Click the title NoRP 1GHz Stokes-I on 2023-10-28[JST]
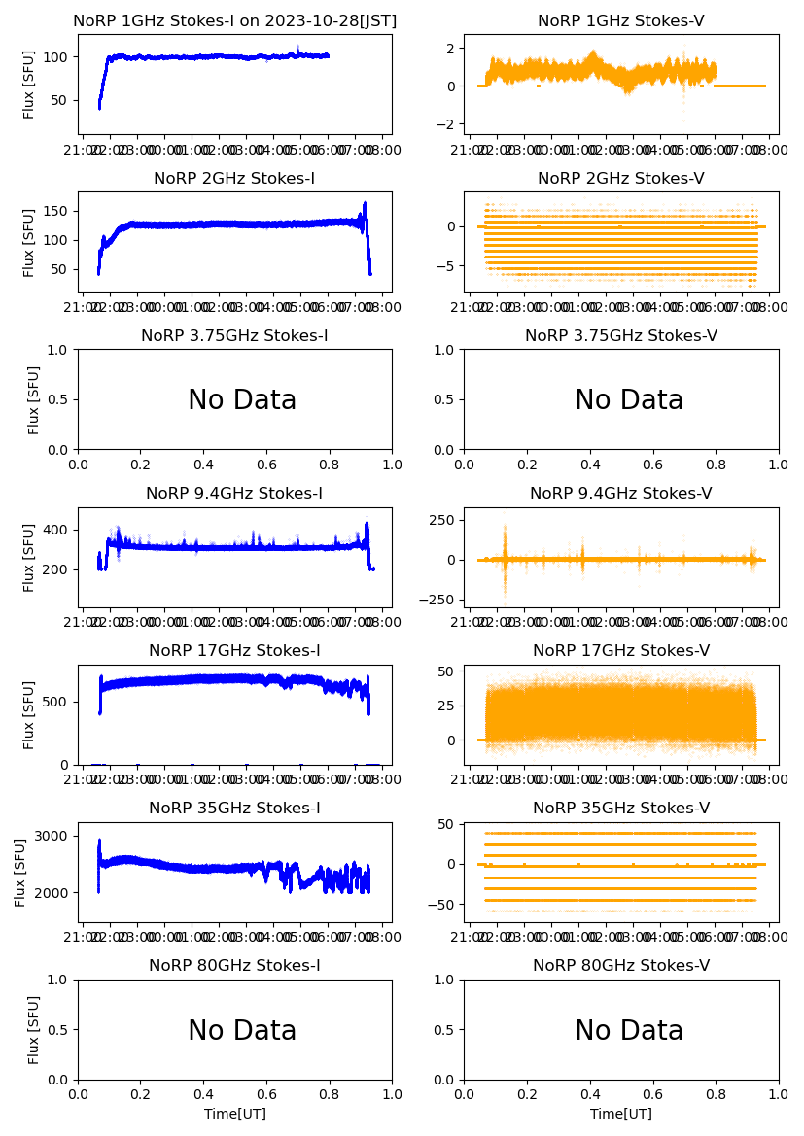(235, 20)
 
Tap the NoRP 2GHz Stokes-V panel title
(620, 178)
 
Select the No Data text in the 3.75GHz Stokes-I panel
(242, 400)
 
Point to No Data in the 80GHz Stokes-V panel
(629, 1031)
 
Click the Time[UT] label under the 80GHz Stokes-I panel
(235, 1114)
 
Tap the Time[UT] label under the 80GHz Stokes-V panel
(621, 1114)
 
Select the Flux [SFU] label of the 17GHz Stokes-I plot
(29, 715)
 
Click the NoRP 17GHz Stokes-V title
(621, 650)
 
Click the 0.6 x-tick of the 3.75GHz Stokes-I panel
(267, 465)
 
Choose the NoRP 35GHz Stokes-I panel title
(234, 808)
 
